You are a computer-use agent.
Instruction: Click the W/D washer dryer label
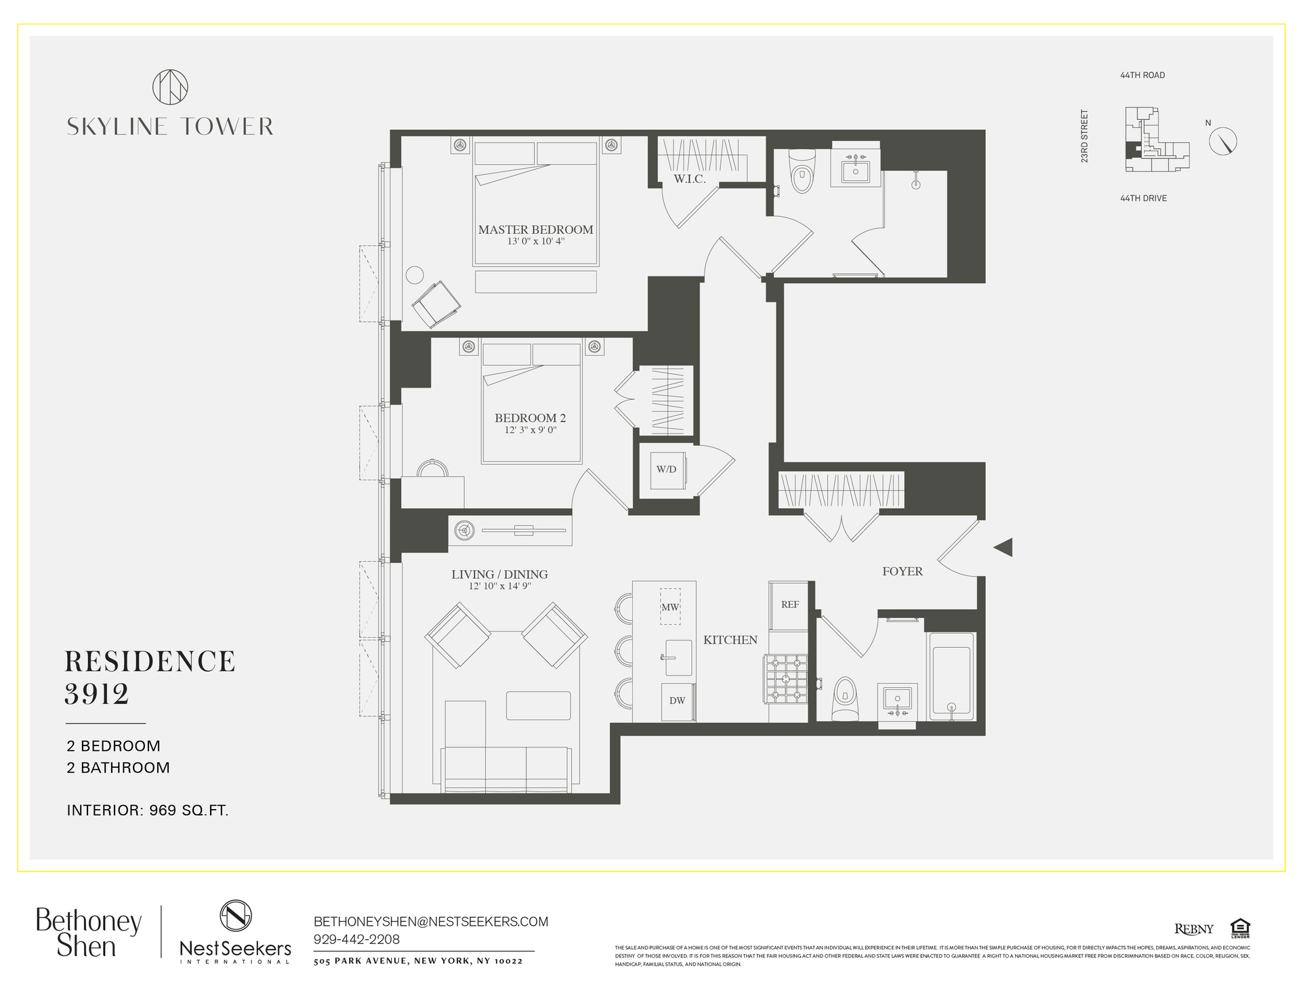pos(666,469)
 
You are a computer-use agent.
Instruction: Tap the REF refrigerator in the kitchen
pos(789,604)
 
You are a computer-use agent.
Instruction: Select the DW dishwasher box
pos(677,701)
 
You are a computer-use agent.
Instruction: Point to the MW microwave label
pos(670,607)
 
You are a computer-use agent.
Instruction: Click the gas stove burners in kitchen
pos(786,678)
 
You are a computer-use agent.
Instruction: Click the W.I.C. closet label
pos(690,179)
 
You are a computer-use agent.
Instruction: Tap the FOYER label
pos(902,571)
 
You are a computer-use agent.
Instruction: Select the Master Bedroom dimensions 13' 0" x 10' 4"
pos(535,241)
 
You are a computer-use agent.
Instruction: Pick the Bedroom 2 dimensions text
pos(530,430)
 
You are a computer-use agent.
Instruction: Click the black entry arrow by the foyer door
pos(1004,547)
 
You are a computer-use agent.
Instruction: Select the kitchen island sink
pos(679,657)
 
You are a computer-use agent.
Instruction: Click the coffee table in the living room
pos(538,705)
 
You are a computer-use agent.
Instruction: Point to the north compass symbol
pos(1223,141)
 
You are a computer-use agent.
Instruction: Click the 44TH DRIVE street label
pos(1143,199)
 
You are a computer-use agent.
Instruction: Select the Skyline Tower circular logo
pos(170,87)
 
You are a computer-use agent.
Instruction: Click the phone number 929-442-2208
pos(356,939)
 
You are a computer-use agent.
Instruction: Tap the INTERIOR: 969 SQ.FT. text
pos(148,810)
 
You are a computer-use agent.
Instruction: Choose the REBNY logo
pos(1193,928)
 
